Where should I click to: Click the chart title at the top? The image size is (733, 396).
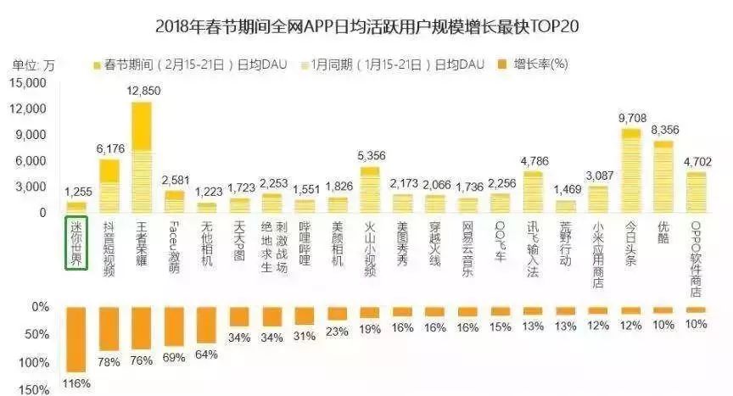(367, 25)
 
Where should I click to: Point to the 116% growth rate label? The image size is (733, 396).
(77, 384)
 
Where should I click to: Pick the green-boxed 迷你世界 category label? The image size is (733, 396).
(77, 243)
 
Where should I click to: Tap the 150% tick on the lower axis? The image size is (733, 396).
(35, 389)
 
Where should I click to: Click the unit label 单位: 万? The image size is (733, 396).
(33, 64)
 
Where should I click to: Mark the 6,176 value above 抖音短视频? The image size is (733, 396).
(109, 148)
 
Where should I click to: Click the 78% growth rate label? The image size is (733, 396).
(109, 363)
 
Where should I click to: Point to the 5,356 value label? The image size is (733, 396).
(370, 155)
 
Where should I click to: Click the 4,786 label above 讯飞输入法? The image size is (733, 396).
(533, 159)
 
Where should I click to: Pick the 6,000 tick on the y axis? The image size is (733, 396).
(32, 161)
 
